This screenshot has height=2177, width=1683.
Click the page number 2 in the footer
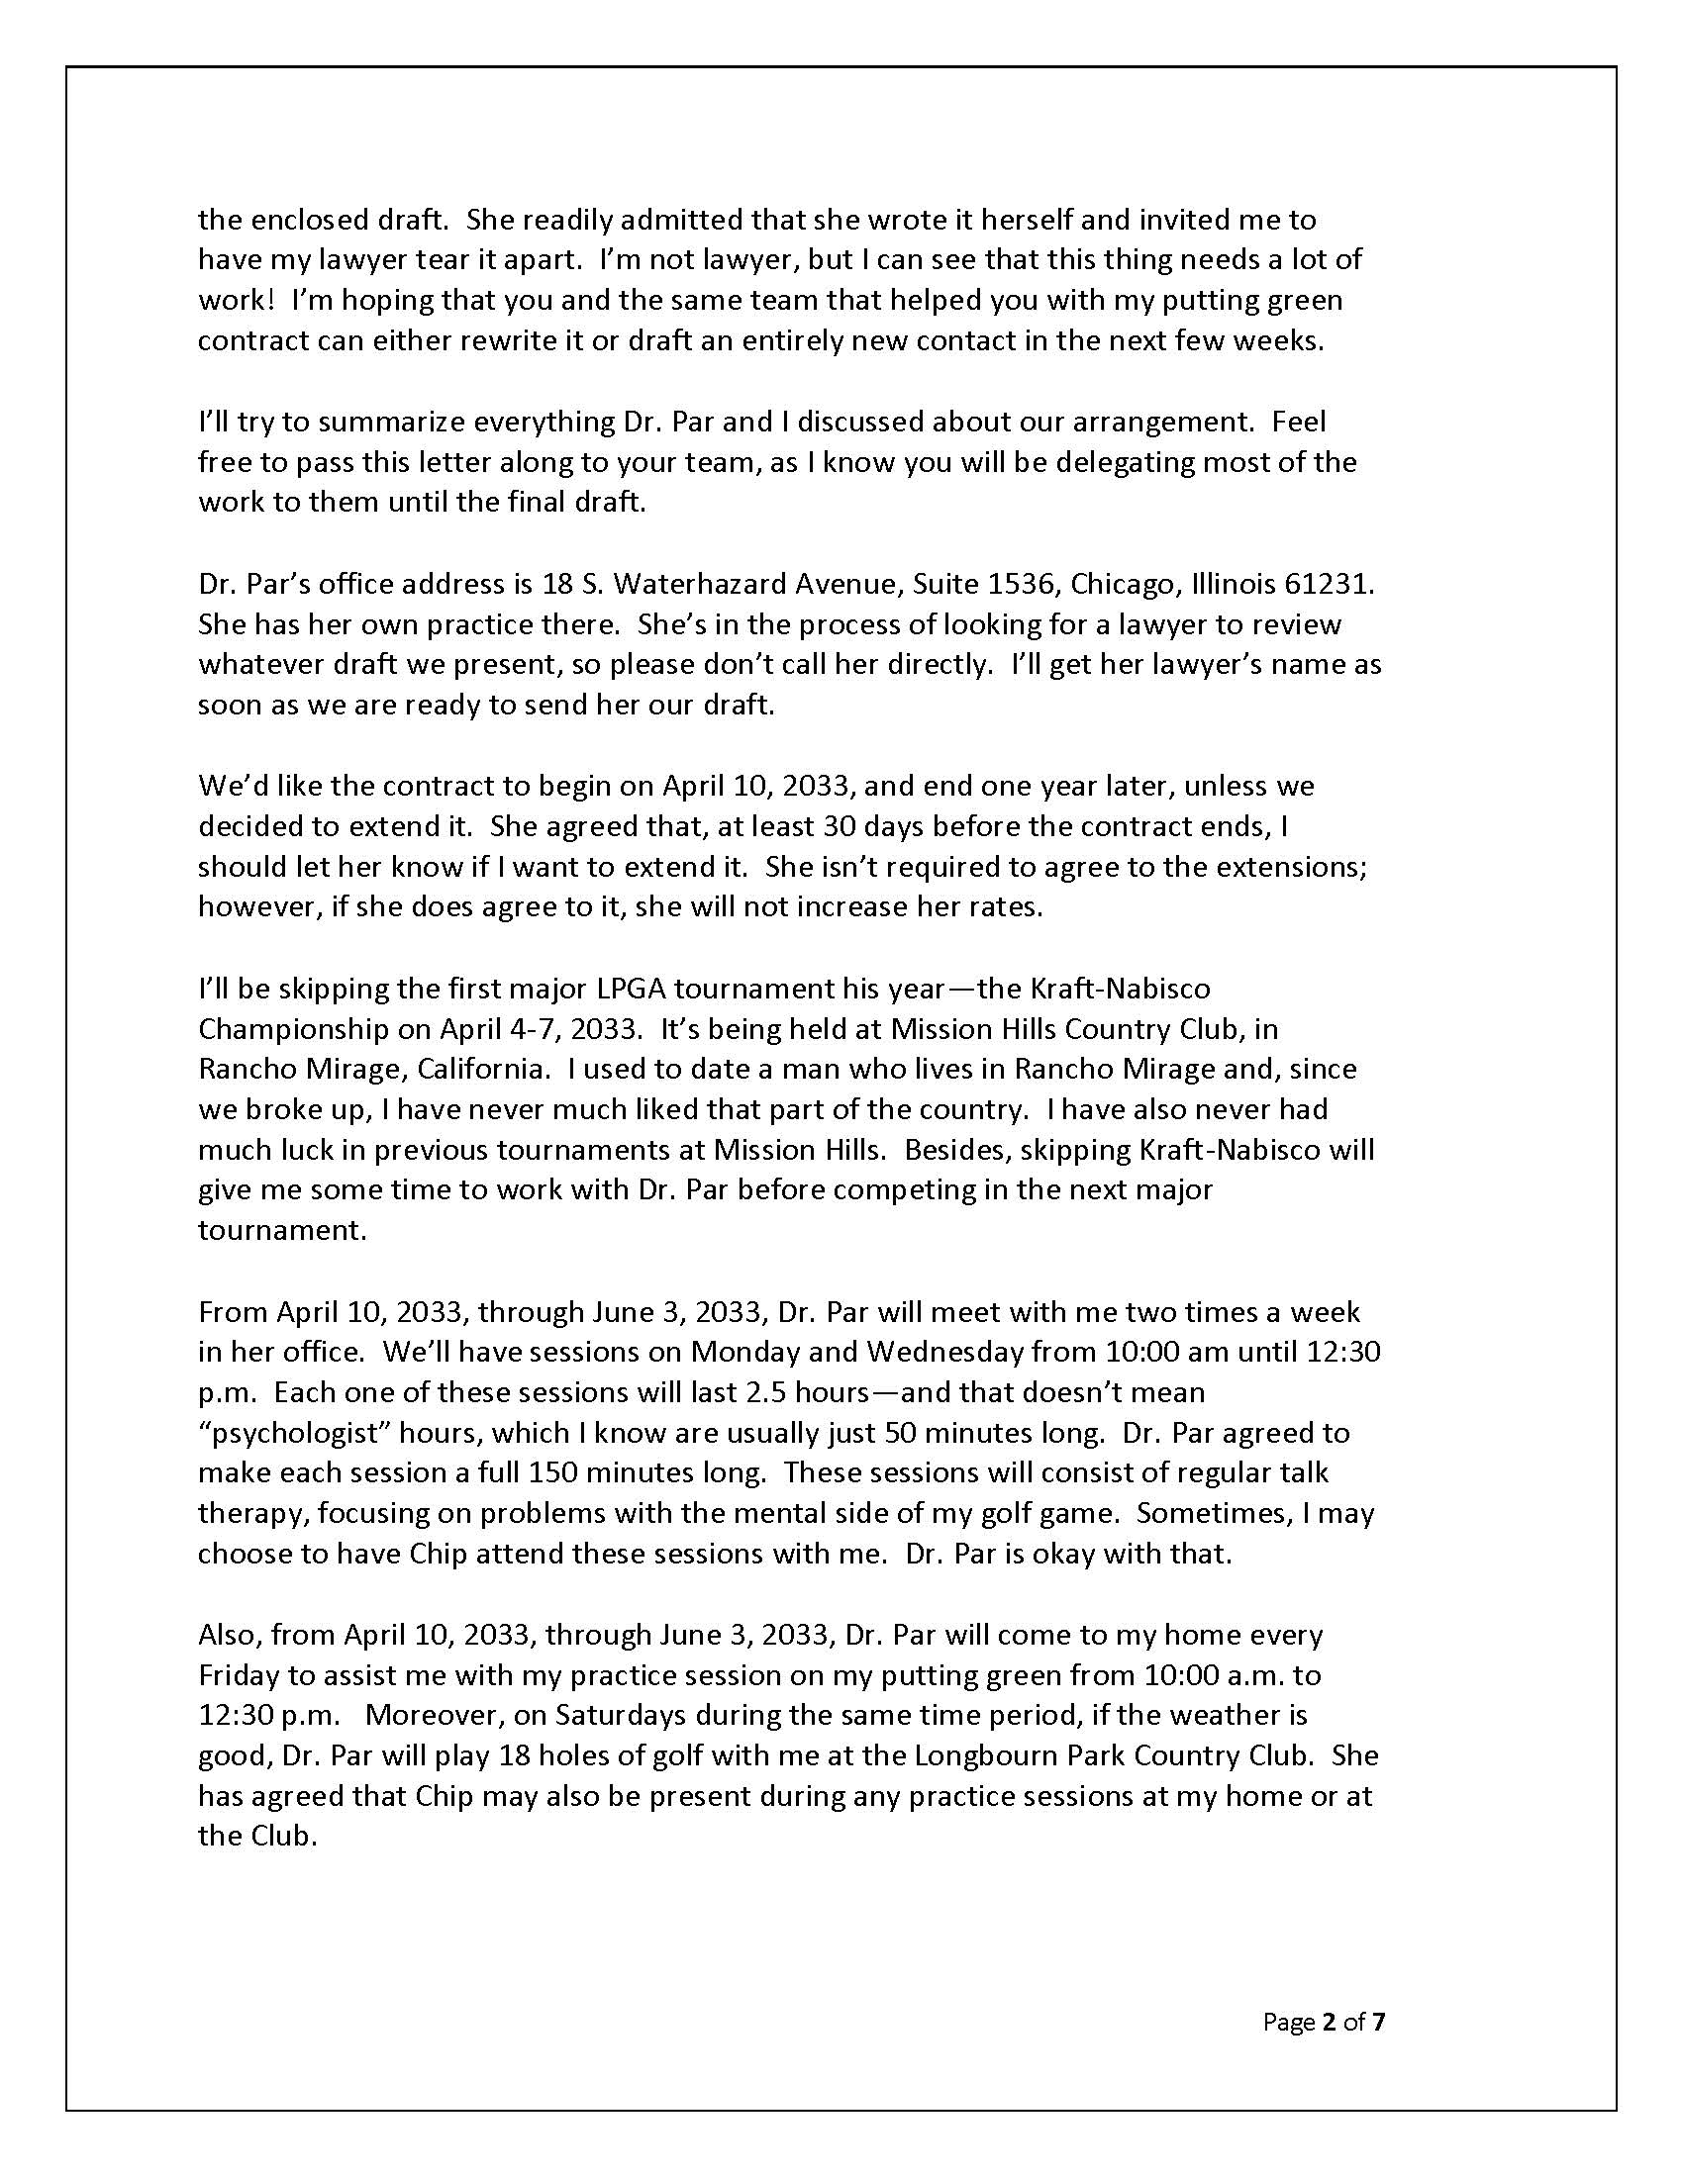pos(1328,2023)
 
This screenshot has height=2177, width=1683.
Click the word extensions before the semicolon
pos(1282,866)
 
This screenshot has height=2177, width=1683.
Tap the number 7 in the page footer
pos(1380,2023)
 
